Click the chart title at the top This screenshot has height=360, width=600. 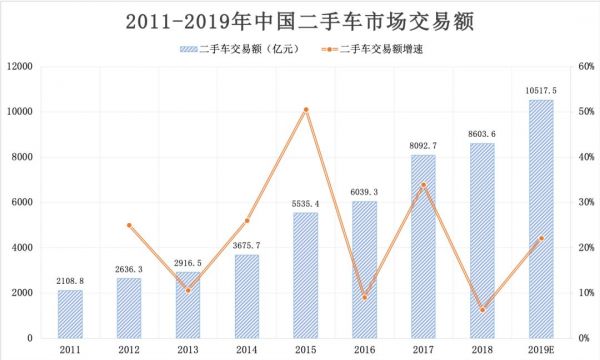pyautogui.click(x=299, y=20)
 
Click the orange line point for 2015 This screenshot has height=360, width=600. pyautogui.click(x=305, y=109)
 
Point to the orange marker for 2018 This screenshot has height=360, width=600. pyautogui.click(x=482, y=310)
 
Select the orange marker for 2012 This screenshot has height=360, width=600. pyautogui.click(x=129, y=225)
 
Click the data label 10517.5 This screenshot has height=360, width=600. pyautogui.click(x=541, y=90)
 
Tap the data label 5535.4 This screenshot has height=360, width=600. pyautogui.click(x=305, y=203)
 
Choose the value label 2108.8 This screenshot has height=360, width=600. pyautogui.click(x=70, y=281)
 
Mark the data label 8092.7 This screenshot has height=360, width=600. pyautogui.click(x=423, y=146)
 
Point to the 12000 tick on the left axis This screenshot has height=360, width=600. pyautogui.click(x=21, y=67)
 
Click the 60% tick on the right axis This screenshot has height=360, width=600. pyautogui.click(x=586, y=67)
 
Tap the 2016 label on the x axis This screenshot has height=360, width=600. pyautogui.click(x=364, y=350)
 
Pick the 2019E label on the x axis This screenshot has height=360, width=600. pyautogui.click(x=541, y=350)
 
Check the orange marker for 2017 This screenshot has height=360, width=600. pyautogui.click(x=423, y=185)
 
